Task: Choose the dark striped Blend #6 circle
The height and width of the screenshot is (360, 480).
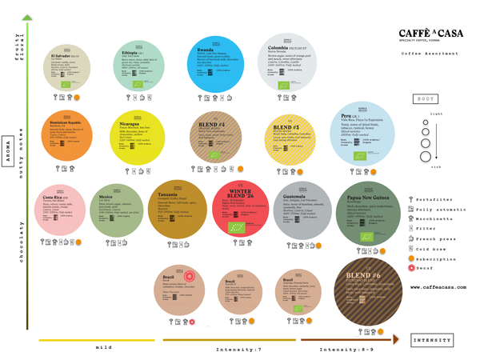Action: pos(370,290)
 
